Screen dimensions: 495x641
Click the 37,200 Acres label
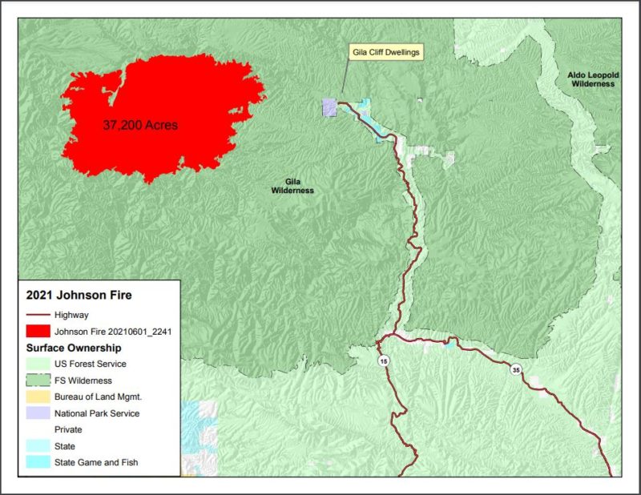pyautogui.click(x=140, y=126)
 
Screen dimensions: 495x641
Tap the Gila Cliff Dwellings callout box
pyautogui.click(x=385, y=53)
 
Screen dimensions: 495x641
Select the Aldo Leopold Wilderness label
pyautogui.click(x=591, y=78)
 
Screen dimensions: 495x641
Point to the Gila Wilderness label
pyautogui.click(x=292, y=186)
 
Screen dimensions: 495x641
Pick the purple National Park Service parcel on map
pyautogui.click(x=329, y=107)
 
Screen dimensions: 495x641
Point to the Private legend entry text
pyautogui.click(x=70, y=430)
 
